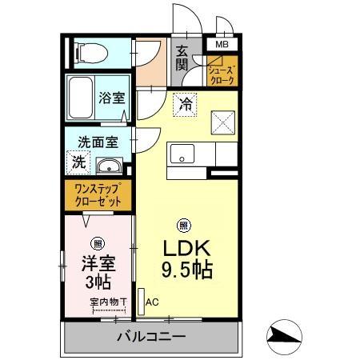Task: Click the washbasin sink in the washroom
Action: point(108,166)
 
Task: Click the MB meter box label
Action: point(221,45)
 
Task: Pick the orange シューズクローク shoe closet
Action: point(222,75)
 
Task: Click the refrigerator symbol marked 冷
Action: point(186,104)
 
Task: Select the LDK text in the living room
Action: point(186,246)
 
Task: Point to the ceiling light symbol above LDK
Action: point(183,225)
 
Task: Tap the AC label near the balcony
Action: point(152,302)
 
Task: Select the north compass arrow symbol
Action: point(285,335)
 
